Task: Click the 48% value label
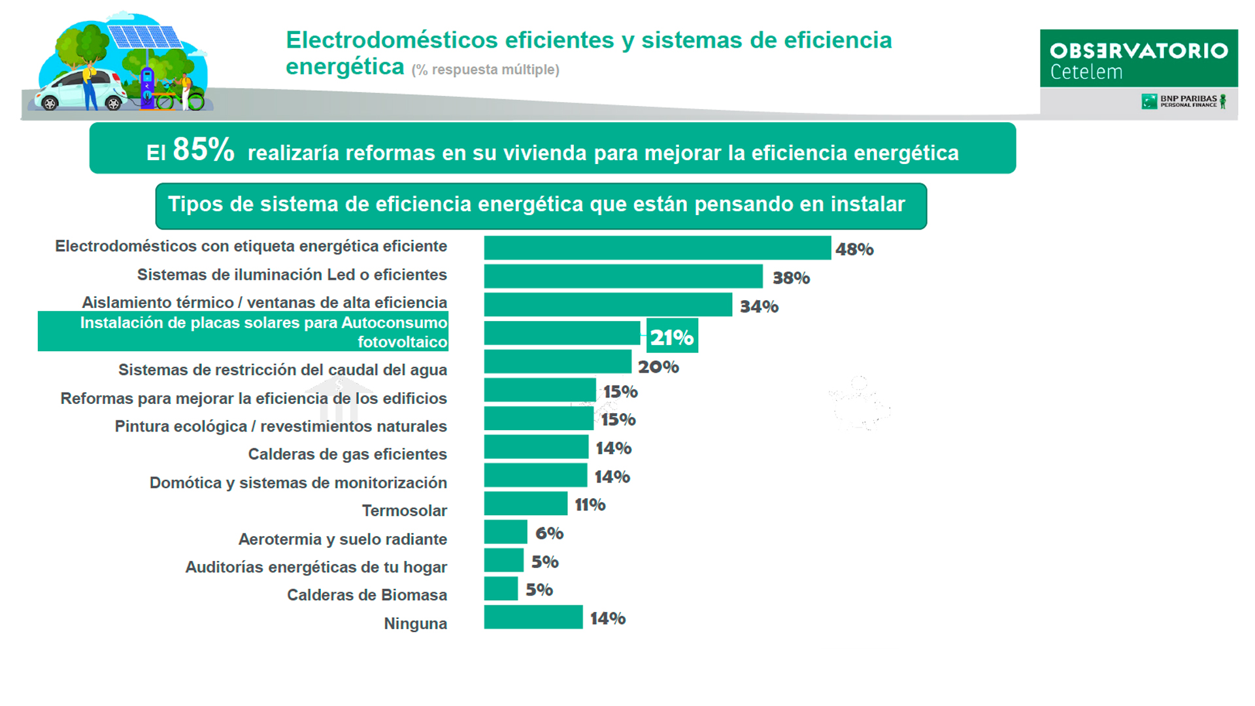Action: point(854,249)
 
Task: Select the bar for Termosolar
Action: point(526,504)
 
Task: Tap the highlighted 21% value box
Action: point(672,336)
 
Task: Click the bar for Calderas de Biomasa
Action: point(501,589)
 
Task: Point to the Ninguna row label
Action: point(415,624)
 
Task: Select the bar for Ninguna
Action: point(533,618)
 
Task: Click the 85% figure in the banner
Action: point(203,150)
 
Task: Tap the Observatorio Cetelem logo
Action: point(1138,59)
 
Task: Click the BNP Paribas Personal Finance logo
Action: point(1183,101)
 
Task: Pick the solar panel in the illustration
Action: point(144,36)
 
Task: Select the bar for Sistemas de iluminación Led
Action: point(623,277)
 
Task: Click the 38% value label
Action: point(791,278)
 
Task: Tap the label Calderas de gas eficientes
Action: point(347,454)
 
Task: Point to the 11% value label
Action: point(590,505)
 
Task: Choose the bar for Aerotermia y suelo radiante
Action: point(505,532)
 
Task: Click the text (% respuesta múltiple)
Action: point(485,70)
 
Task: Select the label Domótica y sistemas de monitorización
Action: point(298,483)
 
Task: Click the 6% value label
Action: point(549,533)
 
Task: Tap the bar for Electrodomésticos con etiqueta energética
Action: point(657,248)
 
